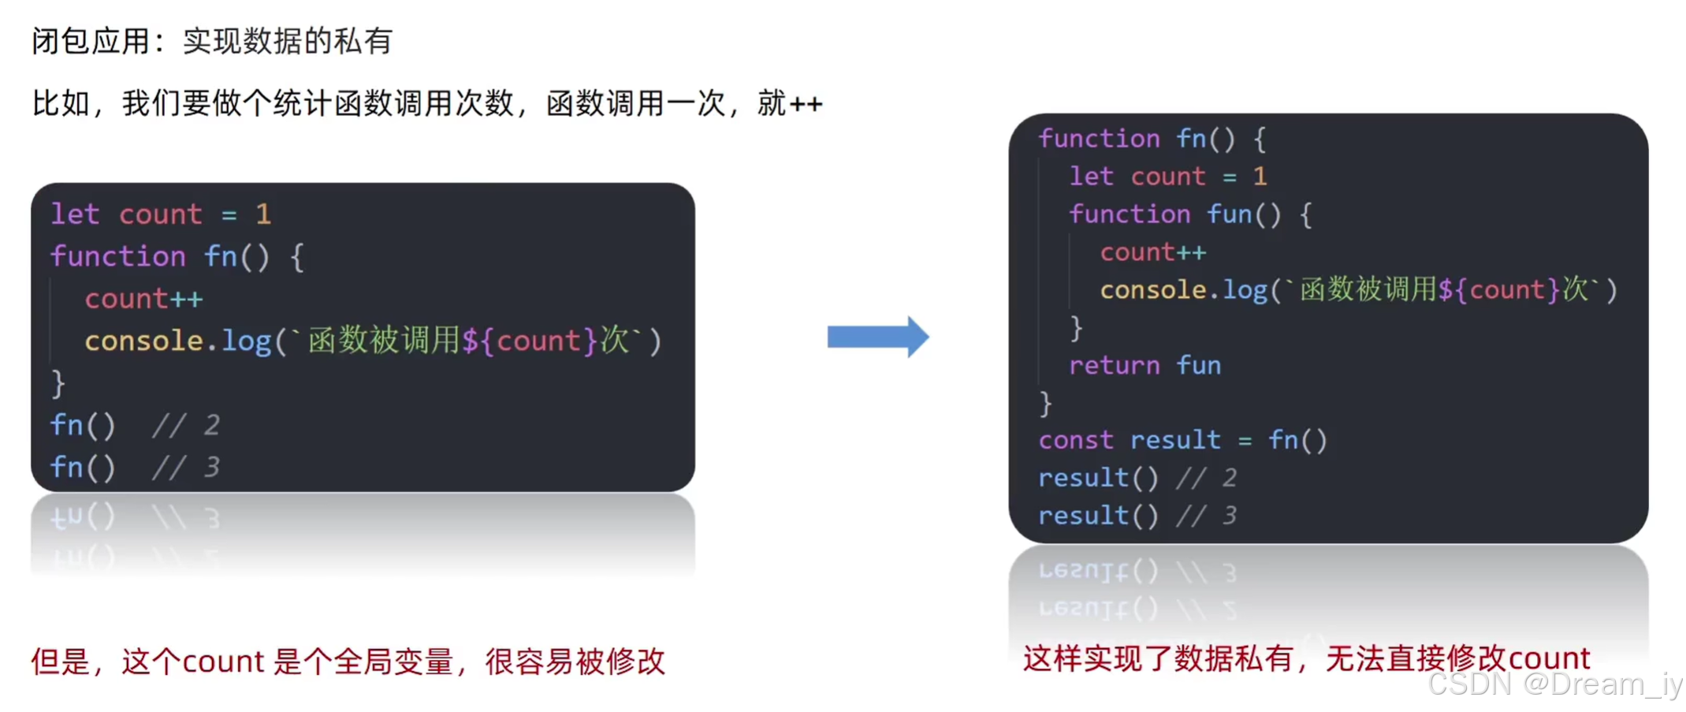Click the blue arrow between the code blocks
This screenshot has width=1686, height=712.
pos(876,337)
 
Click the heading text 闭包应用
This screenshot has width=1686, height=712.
pos(91,41)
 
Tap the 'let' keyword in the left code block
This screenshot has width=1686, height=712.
pos(75,214)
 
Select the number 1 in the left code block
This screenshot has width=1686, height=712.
pos(263,214)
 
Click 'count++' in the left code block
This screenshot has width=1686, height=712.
pos(143,299)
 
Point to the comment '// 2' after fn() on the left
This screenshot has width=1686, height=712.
pos(186,426)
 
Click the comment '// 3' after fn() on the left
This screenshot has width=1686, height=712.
pos(186,468)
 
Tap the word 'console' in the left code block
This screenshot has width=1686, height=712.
pos(143,341)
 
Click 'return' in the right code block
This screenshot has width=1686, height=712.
pos(1114,365)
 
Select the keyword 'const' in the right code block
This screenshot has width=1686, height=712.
pos(1075,440)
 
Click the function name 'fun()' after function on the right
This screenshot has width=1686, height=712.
pos(1244,214)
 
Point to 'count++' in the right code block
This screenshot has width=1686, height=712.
pos(1152,252)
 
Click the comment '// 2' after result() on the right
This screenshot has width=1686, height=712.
pos(1206,478)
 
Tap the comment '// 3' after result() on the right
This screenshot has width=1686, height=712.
pos(1206,516)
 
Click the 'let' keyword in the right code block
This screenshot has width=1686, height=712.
pos(1091,176)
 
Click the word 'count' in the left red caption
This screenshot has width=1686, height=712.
pos(223,662)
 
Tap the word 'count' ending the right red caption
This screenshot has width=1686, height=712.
pos(1550,658)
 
